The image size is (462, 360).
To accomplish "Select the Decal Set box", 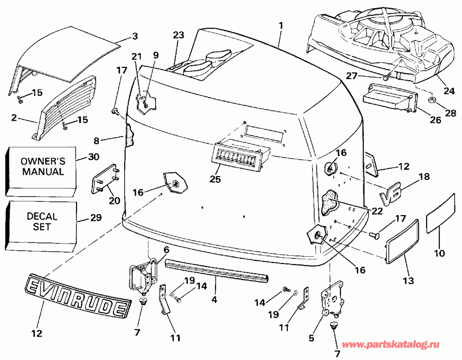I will point(43,221).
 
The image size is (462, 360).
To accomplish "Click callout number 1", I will point(281,25).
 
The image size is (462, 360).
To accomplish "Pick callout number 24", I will point(450,91).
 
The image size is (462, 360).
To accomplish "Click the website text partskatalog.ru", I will point(398,344).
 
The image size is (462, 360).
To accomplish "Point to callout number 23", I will point(178,35).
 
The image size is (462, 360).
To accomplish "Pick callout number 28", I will point(450,113).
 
